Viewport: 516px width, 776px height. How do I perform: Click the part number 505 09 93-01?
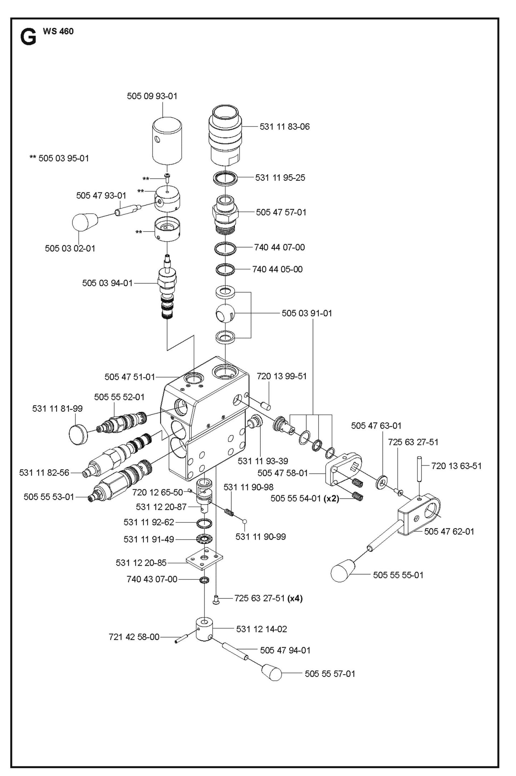click(x=152, y=96)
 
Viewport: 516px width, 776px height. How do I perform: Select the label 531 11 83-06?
click(x=284, y=126)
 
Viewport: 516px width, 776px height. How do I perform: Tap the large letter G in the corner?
click(x=28, y=37)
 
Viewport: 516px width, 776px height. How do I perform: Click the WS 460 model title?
click(x=58, y=31)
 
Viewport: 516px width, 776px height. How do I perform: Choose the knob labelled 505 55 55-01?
click(x=343, y=573)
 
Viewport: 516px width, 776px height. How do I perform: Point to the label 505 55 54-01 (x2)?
click(x=304, y=498)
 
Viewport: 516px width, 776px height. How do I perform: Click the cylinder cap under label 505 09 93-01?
click(x=167, y=141)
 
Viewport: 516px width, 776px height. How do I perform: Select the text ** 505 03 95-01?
click(x=59, y=158)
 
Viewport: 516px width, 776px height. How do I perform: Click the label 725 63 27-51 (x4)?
click(x=268, y=598)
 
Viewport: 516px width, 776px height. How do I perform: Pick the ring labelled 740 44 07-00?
click(x=225, y=248)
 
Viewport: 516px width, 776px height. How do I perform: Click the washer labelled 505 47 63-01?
click(x=382, y=483)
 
